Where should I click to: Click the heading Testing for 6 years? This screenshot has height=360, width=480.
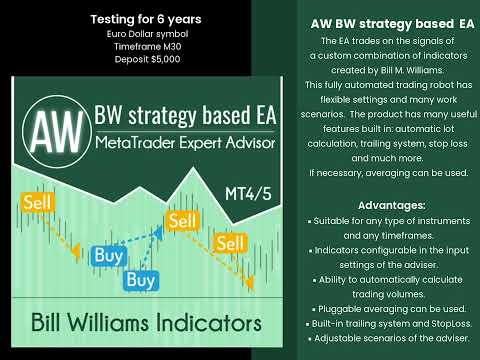[145, 19]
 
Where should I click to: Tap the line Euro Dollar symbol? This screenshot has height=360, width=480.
[145, 34]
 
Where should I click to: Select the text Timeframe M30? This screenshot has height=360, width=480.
[145, 47]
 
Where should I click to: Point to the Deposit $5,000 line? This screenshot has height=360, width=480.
[145, 60]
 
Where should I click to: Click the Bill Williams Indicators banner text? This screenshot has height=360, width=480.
[145, 324]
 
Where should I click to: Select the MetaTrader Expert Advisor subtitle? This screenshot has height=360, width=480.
[184, 146]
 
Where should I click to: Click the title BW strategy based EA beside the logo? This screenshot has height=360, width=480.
[184, 117]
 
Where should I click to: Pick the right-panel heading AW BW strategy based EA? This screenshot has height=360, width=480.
[378, 22]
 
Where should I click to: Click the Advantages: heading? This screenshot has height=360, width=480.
[378, 205]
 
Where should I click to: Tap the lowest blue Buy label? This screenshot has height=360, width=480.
[141, 281]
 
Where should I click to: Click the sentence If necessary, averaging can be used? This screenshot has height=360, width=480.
[378, 173]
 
